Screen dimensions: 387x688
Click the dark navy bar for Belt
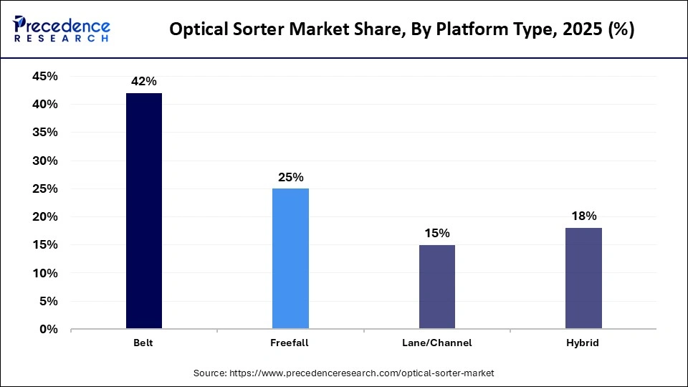tap(144, 211)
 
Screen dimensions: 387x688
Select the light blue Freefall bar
tap(290, 259)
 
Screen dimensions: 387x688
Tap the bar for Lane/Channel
tap(436, 287)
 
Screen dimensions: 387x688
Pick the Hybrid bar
tap(583, 278)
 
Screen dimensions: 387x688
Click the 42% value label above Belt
tap(144, 82)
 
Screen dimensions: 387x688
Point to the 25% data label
tap(290, 177)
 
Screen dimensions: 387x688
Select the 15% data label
tap(436, 233)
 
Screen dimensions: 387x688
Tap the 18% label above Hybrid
tap(583, 216)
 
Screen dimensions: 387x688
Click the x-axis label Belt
tap(143, 343)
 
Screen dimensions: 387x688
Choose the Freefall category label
tap(290, 343)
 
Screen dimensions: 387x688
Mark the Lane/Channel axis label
tap(436, 343)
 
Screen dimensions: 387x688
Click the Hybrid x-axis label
tap(583, 343)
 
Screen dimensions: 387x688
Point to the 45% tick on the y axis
tap(45, 77)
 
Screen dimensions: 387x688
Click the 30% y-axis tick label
tap(45, 161)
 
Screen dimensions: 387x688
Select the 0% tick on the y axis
tap(49, 330)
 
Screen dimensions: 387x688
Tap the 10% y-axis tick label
tap(45, 274)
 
